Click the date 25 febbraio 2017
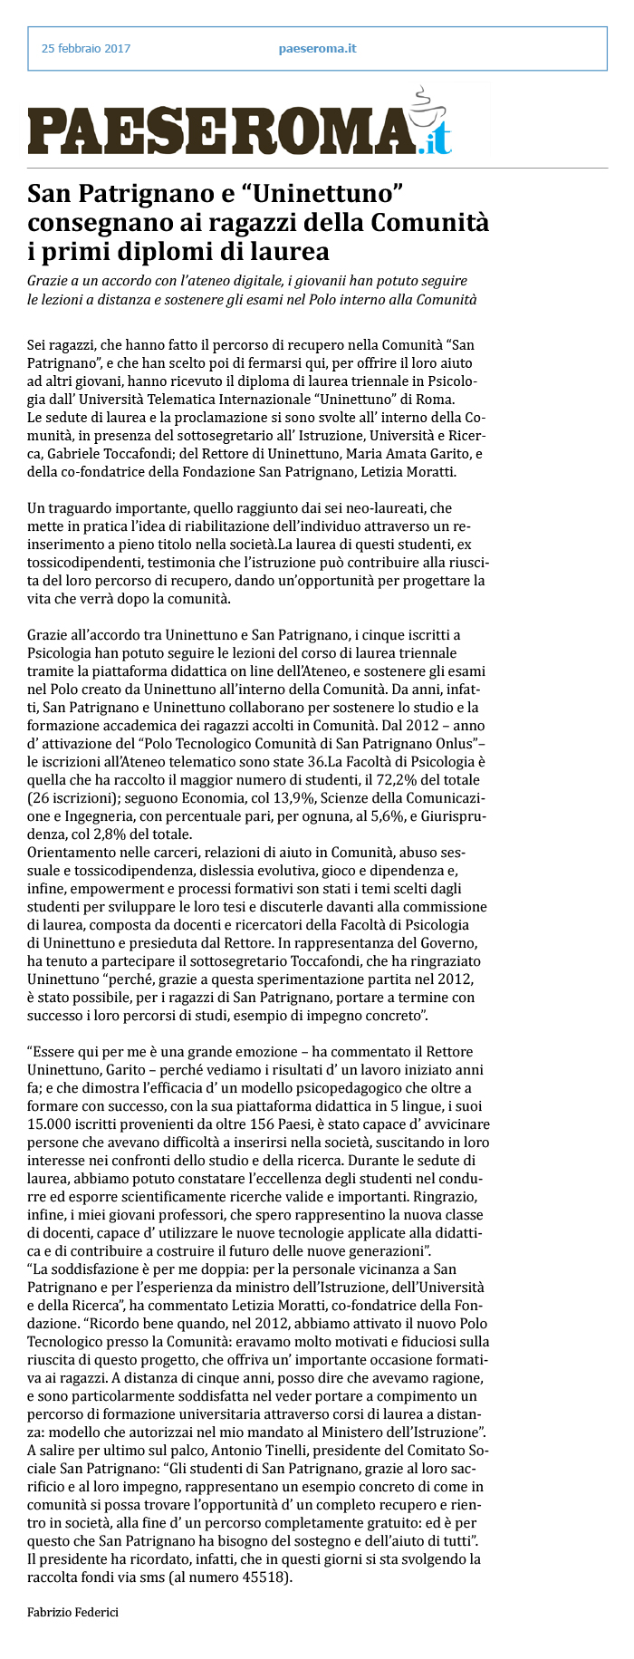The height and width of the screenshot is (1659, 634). click(x=86, y=48)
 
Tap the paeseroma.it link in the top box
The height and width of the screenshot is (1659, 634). click(x=317, y=48)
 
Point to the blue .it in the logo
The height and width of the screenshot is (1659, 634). click(x=435, y=140)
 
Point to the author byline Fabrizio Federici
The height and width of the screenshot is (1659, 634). click(x=73, y=1611)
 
